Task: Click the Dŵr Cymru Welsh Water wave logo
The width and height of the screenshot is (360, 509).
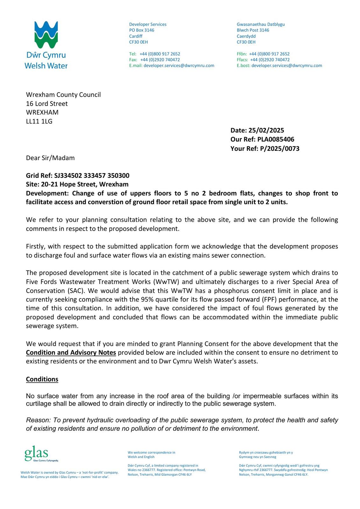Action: pos(46,35)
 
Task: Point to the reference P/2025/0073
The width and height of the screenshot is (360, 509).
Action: pos(279,149)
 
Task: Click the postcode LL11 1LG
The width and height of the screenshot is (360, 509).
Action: pos(39,121)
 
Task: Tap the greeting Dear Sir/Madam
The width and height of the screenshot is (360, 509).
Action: pos(50,158)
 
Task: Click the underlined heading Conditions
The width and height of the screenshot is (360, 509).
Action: pos(42,379)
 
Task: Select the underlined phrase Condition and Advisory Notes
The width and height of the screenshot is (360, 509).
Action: pos(71,352)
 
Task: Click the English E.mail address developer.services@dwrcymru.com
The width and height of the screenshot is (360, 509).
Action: pos(179,66)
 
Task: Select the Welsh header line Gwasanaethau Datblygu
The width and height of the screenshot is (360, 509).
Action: pos(261,24)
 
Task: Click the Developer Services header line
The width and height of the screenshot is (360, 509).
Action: pos(148,24)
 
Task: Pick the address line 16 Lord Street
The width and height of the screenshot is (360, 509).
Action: pos(47,104)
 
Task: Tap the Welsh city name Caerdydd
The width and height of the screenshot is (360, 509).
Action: pos(246,36)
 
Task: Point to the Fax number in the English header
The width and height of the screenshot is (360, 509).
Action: pos(160,60)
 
